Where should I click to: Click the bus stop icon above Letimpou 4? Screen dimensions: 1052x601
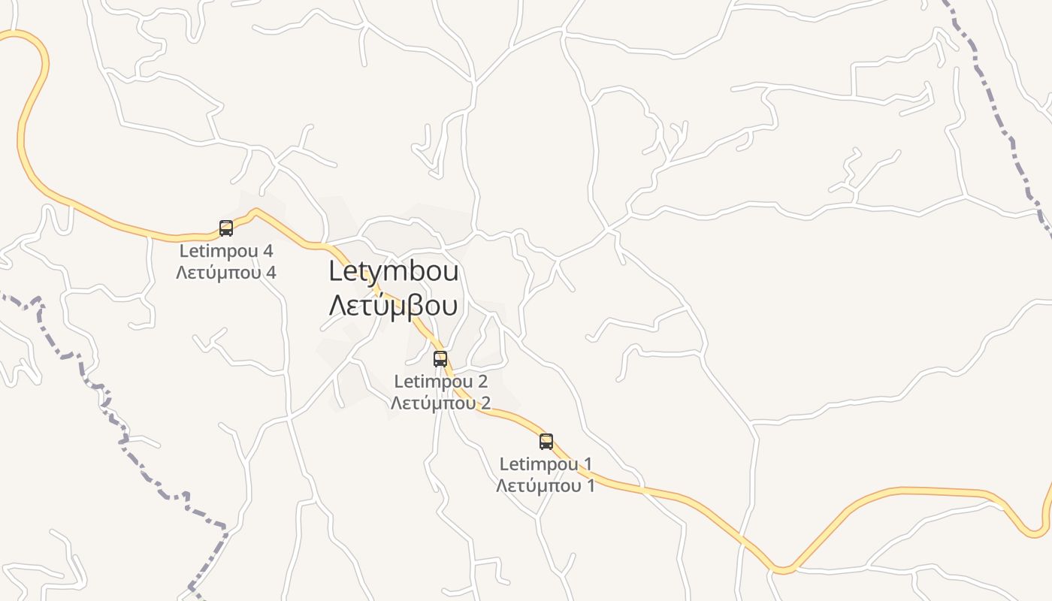[x=226, y=228]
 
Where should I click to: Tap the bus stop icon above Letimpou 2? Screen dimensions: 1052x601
[x=440, y=359]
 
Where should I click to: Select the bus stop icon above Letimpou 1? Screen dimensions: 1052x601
[x=546, y=442]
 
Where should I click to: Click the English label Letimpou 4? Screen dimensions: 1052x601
[x=225, y=251]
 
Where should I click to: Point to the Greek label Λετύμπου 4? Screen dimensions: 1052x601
[x=225, y=272]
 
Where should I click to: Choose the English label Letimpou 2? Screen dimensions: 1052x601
[x=440, y=382]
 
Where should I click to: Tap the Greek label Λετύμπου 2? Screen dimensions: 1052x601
[x=440, y=403]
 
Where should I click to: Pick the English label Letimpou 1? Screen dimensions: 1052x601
[x=546, y=464]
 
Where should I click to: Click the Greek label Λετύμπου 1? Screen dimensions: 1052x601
[x=546, y=485]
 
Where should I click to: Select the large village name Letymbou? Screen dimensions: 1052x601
[x=394, y=272]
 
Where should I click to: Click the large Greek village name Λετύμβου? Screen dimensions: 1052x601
[x=394, y=306]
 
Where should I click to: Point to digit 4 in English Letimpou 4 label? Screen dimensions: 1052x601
[x=268, y=251]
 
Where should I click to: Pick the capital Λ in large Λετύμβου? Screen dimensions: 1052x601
[x=339, y=306]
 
